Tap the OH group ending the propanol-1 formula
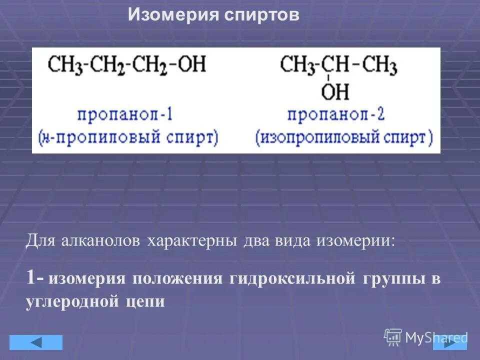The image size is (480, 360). [x=192, y=65]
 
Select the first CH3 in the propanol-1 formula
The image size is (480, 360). [x=63, y=65]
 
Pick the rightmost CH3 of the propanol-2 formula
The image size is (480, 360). [x=379, y=65]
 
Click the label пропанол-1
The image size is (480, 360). [x=125, y=115]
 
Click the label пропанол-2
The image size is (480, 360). [x=335, y=115]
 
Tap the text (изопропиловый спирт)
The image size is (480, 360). [x=344, y=137]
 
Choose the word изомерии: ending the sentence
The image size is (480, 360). [x=355, y=241]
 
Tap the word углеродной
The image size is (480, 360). [x=69, y=302]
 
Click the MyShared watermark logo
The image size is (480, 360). [x=425, y=337]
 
